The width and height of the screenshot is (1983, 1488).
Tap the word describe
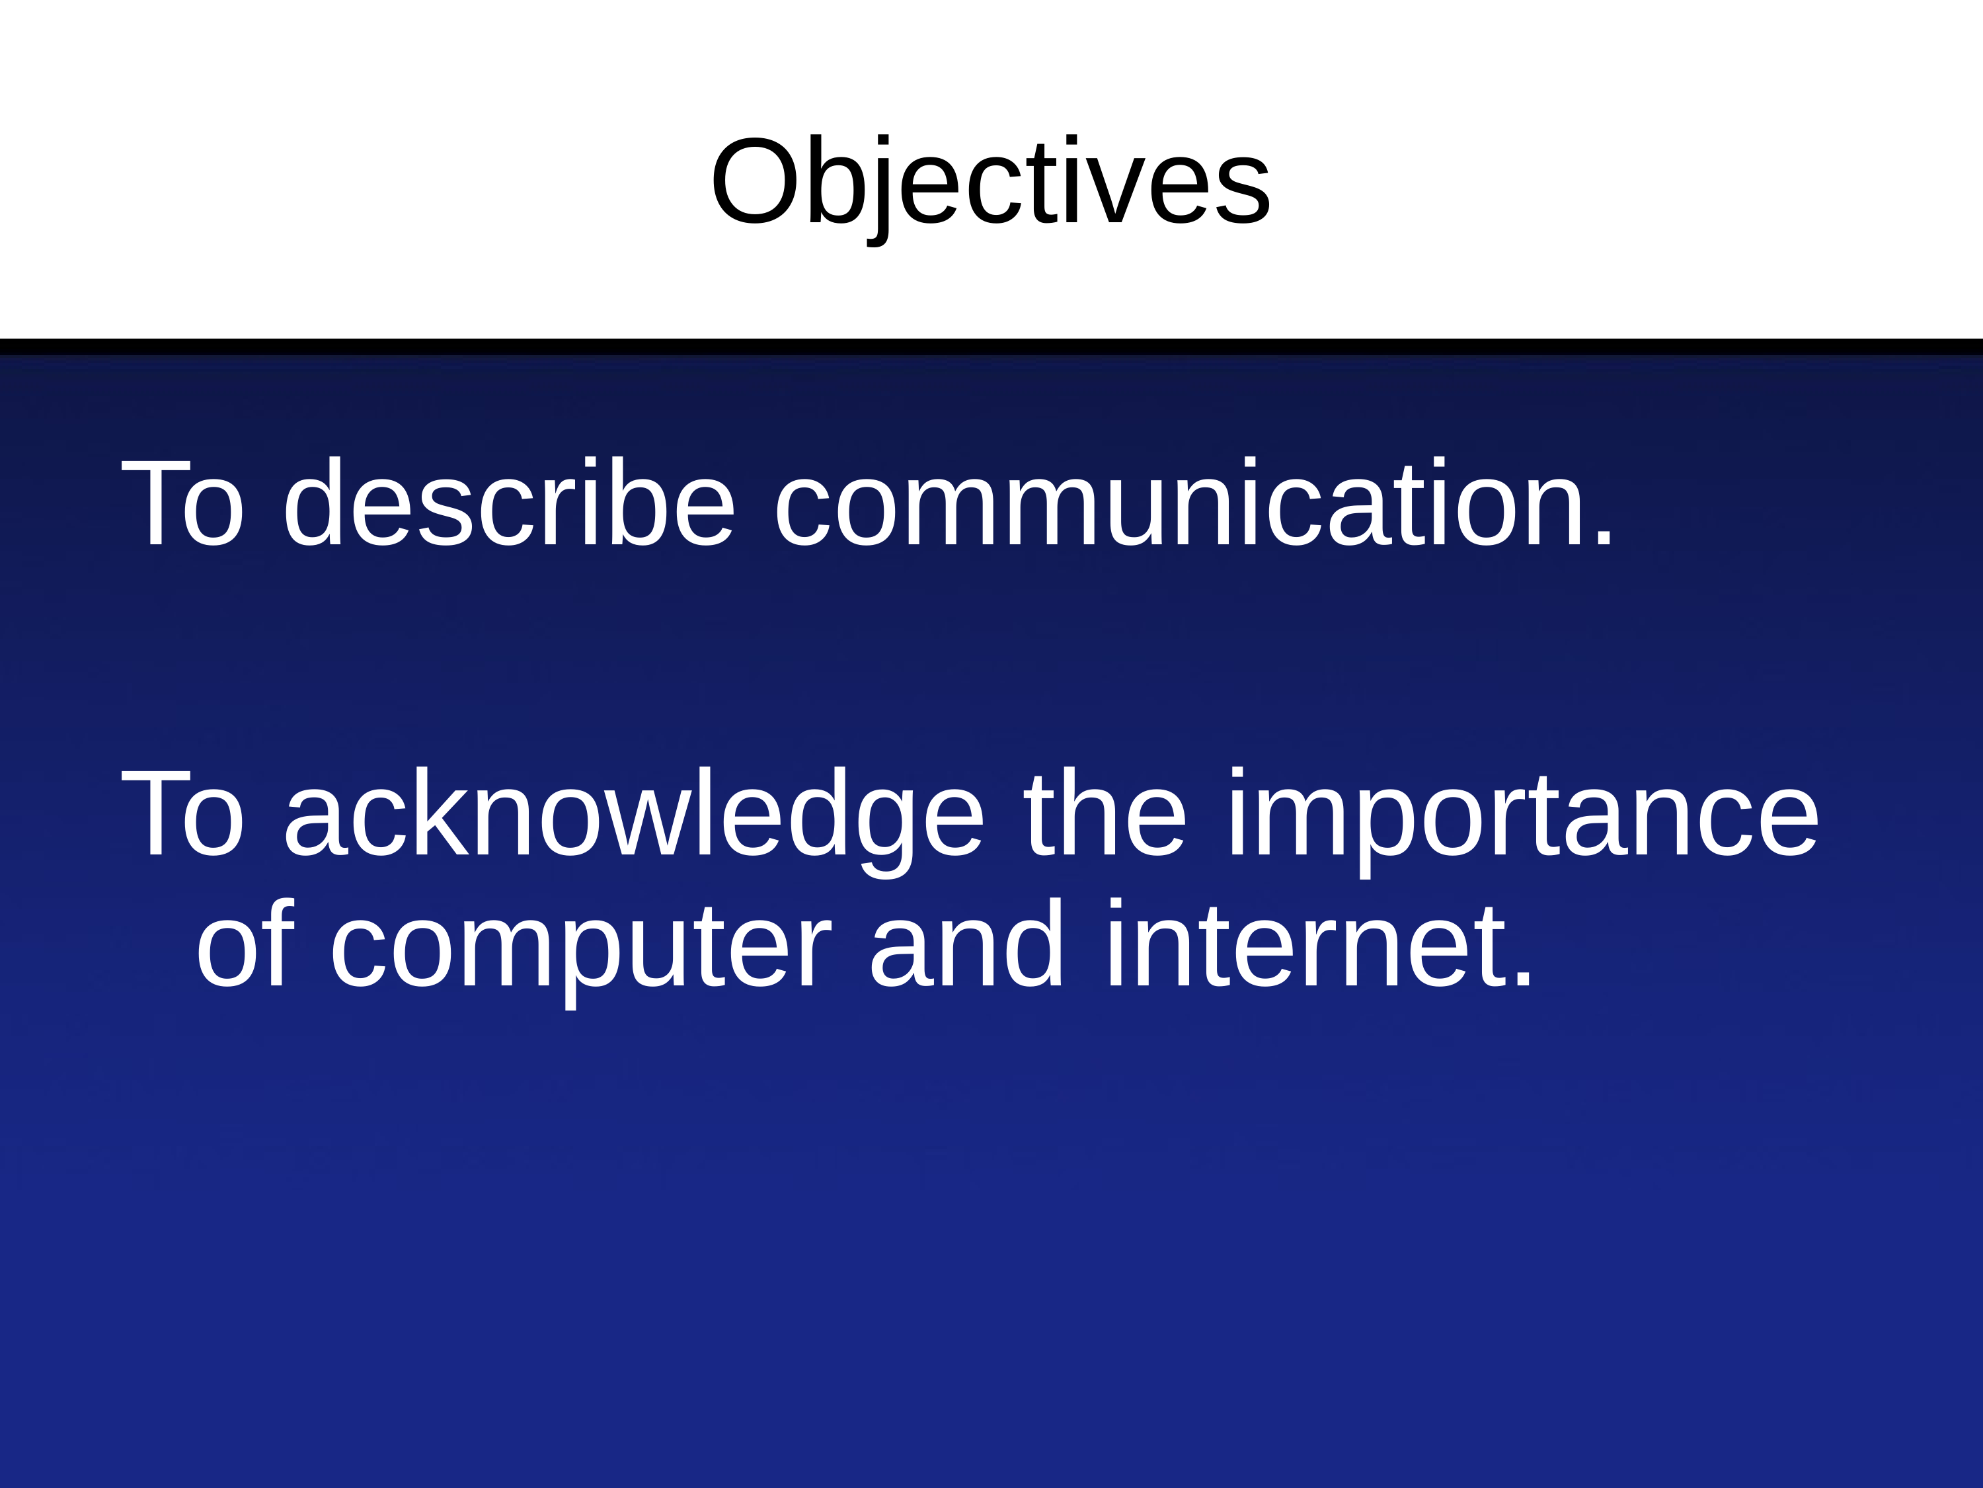click(509, 501)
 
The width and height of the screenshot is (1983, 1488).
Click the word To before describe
click(183, 502)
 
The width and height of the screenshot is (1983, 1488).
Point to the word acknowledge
click(635, 821)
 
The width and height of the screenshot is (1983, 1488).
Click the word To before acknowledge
click(183, 813)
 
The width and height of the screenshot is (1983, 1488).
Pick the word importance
click(1523, 821)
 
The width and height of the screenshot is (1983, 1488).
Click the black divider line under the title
click(991, 347)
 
